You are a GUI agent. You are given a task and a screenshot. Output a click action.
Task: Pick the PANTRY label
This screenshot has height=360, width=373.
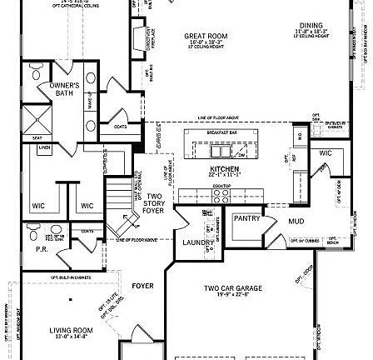click(x=246, y=217)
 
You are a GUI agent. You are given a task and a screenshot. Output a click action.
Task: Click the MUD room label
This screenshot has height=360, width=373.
click(x=296, y=222)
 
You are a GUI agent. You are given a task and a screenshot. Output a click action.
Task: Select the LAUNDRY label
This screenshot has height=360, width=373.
click(x=193, y=242)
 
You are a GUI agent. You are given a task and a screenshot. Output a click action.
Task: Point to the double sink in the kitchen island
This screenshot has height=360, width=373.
click(x=221, y=152)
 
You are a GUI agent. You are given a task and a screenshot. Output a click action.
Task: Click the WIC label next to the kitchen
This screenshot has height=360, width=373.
click(x=325, y=153)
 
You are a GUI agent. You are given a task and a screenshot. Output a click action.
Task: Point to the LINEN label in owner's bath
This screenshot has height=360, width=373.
click(x=44, y=147)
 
